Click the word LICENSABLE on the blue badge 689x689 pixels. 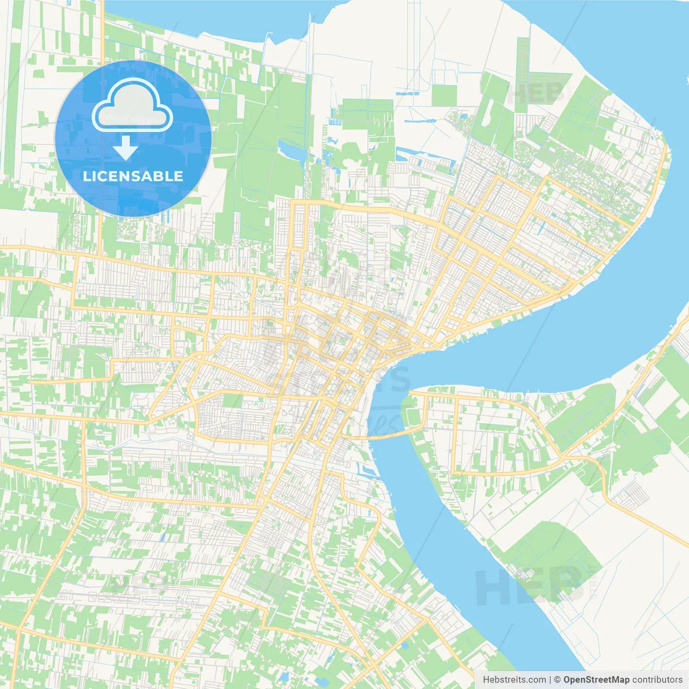coord(133,176)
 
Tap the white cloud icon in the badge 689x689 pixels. coord(132,106)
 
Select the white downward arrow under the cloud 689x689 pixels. coord(125,147)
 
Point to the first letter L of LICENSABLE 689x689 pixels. coord(86,176)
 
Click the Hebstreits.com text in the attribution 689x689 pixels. coord(514,680)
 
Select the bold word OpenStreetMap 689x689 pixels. coord(596,680)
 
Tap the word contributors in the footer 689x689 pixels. coord(657,680)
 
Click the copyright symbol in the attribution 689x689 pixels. coord(558,680)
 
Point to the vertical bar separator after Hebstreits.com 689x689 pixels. coord(550,680)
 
